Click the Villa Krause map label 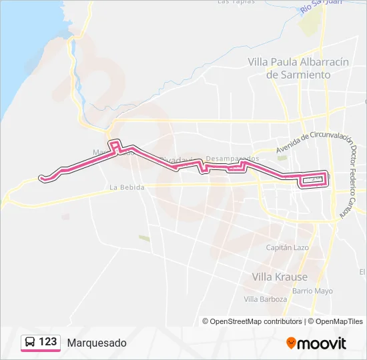[280, 277]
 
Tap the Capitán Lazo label [288, 247]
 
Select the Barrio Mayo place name [312, 291]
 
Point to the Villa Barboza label [265, 299]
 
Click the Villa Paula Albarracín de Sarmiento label [298, 68]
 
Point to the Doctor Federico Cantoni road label [352, 180]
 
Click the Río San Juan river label [321, 6]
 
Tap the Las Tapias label [236, 2]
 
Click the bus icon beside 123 [30, 342]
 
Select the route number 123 [47, 342]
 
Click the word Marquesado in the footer [96, 343]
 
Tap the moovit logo [316, 343]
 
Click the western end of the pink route [42, 177]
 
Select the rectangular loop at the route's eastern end [314, 179]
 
